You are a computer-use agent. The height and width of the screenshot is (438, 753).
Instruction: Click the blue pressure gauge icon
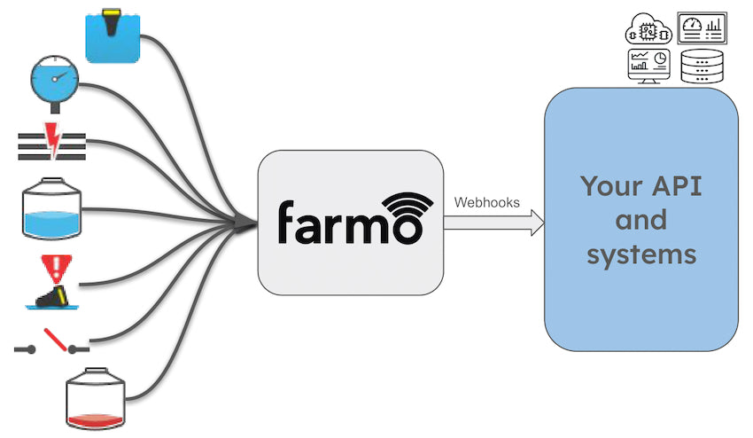[x=53, y=81]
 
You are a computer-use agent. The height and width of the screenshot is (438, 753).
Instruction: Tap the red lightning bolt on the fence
[x=52, y=142]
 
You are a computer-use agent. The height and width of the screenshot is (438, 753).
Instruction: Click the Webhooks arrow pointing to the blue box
[x=493, y=223]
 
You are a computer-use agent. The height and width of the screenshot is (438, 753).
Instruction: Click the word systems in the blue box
[x=641, y=254]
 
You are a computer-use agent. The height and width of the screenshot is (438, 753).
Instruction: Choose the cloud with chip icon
[x=648, y=30]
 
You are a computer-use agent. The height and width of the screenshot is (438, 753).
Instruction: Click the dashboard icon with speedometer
[x=702, y=28]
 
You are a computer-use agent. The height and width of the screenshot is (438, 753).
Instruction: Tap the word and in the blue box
[x=640, y=220]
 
